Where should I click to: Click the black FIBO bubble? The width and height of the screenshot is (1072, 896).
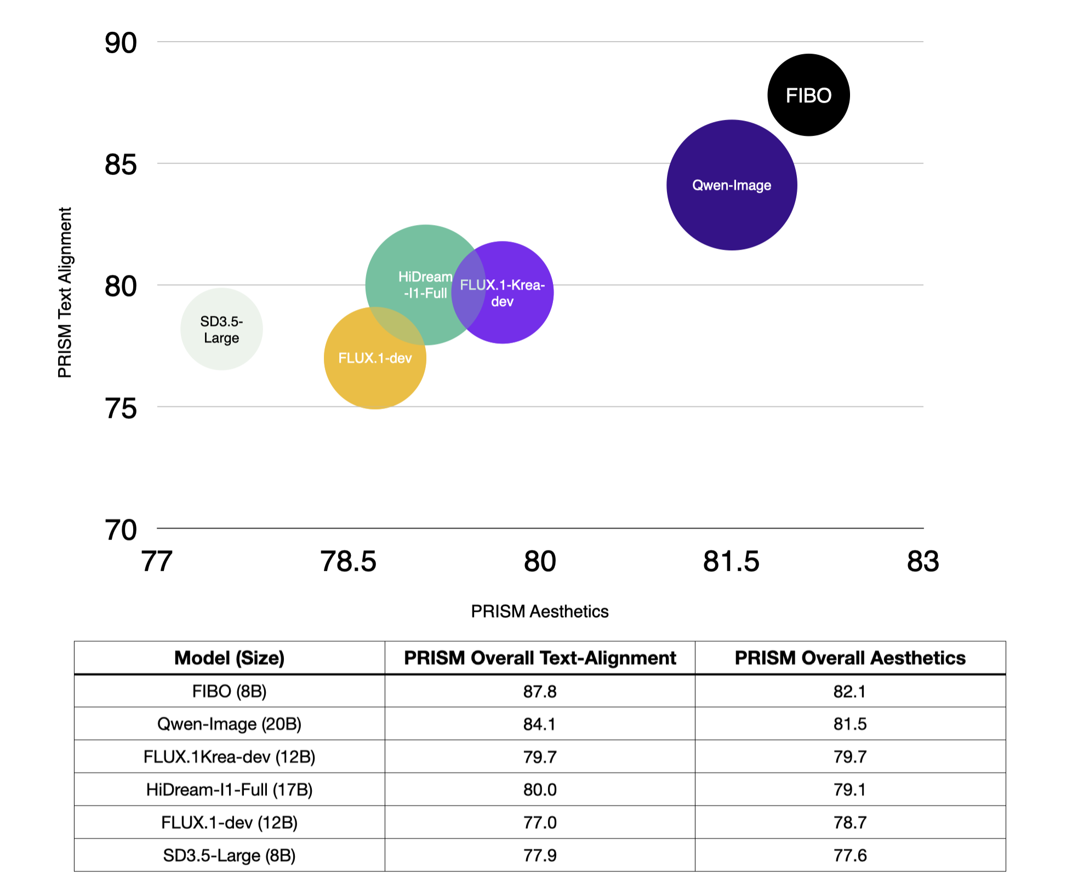pos(808,95)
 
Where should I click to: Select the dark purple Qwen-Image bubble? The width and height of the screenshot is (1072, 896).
pos(732,185)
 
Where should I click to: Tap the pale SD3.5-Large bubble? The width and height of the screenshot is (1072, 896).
pos(221,329)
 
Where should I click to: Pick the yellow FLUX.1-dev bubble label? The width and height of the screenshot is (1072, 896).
pos(375,358)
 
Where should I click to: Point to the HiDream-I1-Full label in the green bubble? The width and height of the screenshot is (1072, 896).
pos(425,285)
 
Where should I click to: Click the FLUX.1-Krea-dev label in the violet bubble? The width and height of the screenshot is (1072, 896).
pos(502,293)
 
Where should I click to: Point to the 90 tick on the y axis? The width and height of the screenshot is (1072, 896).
pos(121,43)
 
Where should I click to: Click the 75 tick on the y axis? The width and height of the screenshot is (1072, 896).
pos(121,409)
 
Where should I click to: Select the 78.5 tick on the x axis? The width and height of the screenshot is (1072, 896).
pos(349,561)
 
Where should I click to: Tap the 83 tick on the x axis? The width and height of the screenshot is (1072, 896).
pos(923,561)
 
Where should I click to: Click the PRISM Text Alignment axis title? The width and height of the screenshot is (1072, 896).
pos(65,292)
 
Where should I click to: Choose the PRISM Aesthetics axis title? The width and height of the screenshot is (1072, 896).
pos(540,611)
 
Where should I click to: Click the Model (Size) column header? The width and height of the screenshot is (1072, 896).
pos(229,658)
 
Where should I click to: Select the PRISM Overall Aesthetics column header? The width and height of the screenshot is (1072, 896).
pos(850,658)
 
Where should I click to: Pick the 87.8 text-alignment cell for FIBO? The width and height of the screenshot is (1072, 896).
pos(540,692)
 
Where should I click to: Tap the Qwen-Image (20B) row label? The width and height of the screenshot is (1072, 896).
pos(229,724)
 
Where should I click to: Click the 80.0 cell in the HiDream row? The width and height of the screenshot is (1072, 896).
pos(540,790)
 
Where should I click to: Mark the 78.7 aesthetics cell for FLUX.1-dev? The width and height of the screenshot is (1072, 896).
pos(850,823)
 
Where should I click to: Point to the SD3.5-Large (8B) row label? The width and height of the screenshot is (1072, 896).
pos(229,855)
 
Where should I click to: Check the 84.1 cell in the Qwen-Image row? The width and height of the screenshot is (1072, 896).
pos(540,724)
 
